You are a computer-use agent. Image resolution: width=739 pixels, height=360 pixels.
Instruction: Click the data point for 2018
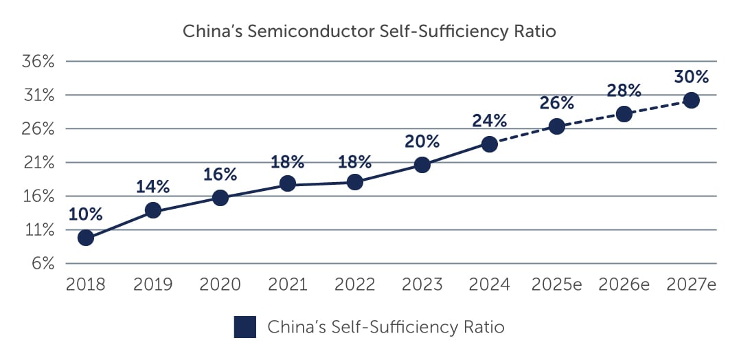point(86,238)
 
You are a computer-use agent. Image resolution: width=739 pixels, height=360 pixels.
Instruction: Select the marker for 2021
point(288,183)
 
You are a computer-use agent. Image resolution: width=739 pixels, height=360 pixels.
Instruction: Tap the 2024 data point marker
point(490,144)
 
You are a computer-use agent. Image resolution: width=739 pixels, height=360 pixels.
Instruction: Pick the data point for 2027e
point(691,100)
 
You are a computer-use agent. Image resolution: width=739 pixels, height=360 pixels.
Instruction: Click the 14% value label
point(153,187)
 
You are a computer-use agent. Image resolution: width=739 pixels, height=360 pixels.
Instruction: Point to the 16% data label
point(220,175)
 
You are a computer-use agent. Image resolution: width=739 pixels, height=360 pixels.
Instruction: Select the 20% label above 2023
point(422,142)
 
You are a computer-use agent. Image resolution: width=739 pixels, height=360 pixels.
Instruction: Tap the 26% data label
point(557,103)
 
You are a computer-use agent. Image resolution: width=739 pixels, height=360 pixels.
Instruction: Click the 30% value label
point(691,76)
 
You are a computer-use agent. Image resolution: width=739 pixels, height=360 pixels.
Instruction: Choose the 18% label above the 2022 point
point(355,162)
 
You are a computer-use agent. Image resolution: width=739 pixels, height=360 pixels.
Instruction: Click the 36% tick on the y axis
point(39,62)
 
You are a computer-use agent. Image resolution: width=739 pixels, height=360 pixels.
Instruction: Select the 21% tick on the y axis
point(39,163)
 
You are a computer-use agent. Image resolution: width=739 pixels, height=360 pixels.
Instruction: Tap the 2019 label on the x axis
point(153,284)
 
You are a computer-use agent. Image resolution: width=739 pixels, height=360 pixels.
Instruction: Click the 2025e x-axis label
point(557,284)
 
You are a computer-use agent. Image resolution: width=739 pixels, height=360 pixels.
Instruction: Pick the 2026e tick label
point(624,284)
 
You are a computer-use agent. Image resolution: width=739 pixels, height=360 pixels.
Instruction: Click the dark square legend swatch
point(245,327)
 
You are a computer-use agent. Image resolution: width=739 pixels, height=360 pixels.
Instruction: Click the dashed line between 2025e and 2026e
point(591,120)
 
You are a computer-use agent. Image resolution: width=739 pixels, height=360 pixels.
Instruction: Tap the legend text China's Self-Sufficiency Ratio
point(386,328)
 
